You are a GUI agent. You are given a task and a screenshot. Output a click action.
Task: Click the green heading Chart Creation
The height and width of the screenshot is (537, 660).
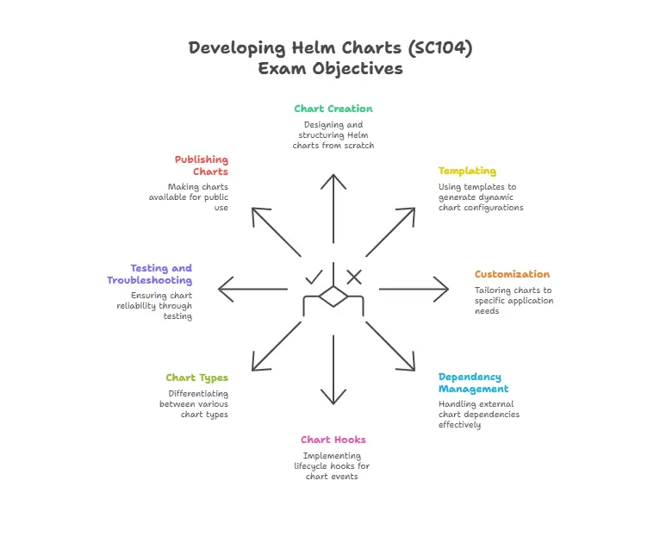(333, 109)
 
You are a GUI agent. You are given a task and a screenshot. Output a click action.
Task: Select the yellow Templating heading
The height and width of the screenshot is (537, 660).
(467, 171)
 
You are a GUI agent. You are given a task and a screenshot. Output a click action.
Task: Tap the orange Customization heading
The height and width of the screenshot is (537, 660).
(512, 274)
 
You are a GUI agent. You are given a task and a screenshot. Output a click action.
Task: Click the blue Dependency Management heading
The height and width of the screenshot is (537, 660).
(470, 383)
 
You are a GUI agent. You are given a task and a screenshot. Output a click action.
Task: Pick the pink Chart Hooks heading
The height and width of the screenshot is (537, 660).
(333, 440)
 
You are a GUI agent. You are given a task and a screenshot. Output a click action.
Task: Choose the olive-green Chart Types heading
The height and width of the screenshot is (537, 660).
(196, 378)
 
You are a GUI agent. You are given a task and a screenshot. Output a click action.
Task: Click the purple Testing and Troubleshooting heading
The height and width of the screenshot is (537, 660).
(150, 274)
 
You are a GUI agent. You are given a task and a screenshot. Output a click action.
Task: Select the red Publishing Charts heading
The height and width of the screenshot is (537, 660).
(202, 165)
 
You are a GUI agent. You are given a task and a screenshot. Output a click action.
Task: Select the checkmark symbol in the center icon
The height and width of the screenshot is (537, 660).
(314, 277)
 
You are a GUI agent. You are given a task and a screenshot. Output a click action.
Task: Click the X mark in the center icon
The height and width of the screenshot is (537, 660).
(353, 277)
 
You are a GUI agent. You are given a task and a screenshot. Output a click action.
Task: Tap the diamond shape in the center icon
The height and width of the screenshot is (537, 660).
(333, 297)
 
